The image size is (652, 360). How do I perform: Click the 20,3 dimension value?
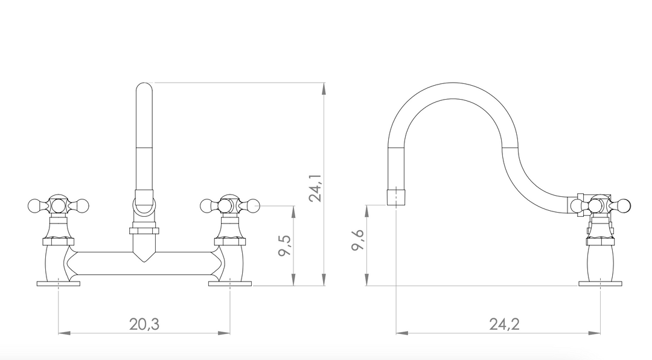[144, 324]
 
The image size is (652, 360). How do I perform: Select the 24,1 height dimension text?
[315, 188]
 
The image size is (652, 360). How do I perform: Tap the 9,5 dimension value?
[285, 246]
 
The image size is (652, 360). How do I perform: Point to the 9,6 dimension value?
[357, 240]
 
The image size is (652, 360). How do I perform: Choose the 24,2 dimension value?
[504, 324]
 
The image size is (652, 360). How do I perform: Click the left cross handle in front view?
[59, 205]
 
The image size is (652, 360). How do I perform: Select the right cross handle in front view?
[230, 205]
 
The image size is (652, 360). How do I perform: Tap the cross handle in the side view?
[601, 205]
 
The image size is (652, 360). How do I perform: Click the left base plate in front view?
[58, 284]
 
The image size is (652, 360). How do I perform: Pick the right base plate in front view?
[230, 284]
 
